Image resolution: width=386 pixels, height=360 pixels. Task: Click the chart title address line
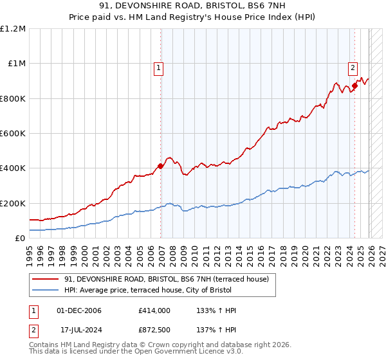click(193, 7)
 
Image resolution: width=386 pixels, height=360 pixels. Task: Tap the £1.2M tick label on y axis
click(13, 29)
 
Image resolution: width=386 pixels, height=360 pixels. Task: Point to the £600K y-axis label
click(12, 134)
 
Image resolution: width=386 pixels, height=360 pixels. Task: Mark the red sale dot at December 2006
click(161, 166)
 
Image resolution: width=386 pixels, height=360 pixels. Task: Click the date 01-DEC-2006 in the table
click(79, 310)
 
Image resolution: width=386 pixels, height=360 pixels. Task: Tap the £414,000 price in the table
click(154, 310)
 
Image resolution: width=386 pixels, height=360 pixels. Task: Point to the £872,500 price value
click(154, 329)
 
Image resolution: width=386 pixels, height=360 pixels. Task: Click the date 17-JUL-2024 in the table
click(79, 329)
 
